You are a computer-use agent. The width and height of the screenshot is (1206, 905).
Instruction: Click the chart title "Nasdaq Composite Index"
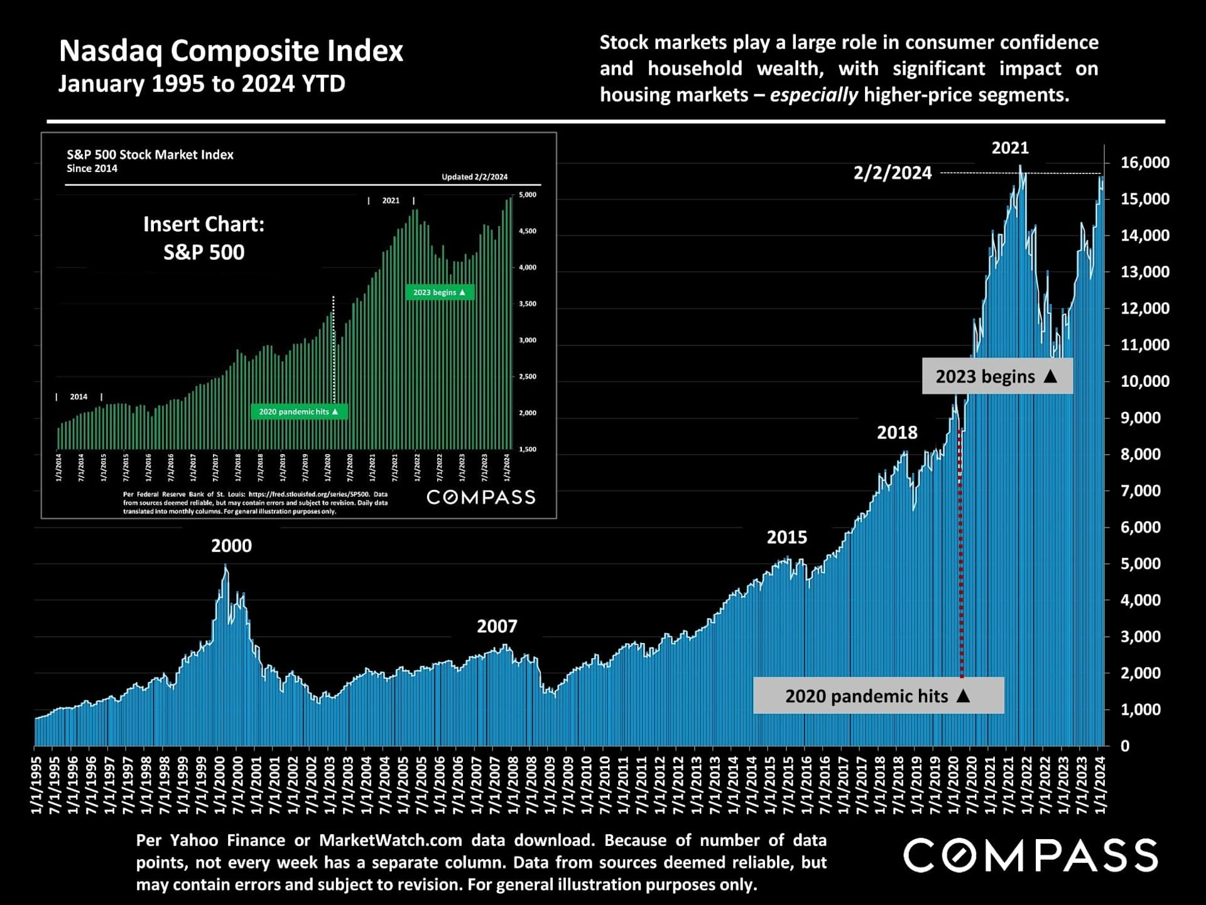click(x=231, y=51)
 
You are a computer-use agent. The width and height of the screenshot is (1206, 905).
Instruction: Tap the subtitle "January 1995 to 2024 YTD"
click(x=202, y=84)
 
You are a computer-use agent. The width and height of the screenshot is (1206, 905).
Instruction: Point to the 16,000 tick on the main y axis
click(x=1144, y=163)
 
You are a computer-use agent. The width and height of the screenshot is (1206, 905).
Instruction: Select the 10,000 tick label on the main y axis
click(x=1144, y=381)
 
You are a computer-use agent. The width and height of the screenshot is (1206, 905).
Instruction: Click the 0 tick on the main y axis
click(x=1124, y=746)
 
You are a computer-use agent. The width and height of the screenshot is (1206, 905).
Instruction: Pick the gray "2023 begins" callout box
click(x=996, y=376)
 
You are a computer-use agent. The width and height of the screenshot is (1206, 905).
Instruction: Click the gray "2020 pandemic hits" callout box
click(x=877, y=696)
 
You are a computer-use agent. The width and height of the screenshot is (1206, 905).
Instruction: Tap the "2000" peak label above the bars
click(x=231, y=546)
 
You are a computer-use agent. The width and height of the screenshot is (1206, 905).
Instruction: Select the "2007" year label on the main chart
click(x=497, y=626)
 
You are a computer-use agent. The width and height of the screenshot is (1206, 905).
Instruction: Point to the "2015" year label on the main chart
click(x=786, y=538)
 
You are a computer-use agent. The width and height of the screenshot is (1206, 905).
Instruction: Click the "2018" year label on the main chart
click(x=897, y=433)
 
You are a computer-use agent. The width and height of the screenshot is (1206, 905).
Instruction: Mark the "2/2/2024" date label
click(x=892, y=173)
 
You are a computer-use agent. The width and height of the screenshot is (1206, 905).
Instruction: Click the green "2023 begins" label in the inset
click(x=439, y=293)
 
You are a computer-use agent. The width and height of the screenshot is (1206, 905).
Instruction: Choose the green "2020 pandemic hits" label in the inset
click(x=298, y=412)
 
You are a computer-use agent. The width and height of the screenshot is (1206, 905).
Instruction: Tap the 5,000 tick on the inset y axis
click(x=528, y=195)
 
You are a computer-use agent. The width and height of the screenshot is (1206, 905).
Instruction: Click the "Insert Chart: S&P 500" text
click(x=204, y=238)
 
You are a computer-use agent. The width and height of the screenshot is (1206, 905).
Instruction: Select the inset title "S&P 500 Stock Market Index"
click(x=150, y=154)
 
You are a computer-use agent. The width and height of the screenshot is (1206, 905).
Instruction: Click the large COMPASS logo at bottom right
click(x=1030, y=855)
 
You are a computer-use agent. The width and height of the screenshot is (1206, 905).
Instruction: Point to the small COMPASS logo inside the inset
click(x=481, y=497)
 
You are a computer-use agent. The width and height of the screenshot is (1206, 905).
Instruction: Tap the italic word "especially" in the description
click(x=813, y=95)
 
